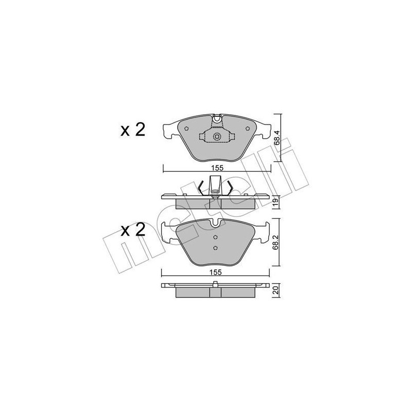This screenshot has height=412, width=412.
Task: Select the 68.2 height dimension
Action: coord(276,243)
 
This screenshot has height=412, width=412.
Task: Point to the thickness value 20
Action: coord(276,290)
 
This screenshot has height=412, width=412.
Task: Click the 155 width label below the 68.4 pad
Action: coord(217,168)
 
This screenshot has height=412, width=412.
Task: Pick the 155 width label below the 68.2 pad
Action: coord(215,272)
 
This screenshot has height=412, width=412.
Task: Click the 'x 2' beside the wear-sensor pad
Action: coord(133,130)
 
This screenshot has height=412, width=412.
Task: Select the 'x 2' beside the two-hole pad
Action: coord(133,230)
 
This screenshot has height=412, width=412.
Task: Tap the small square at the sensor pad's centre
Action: coord(217,136)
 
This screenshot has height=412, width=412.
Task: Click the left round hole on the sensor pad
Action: coord(186,128)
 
